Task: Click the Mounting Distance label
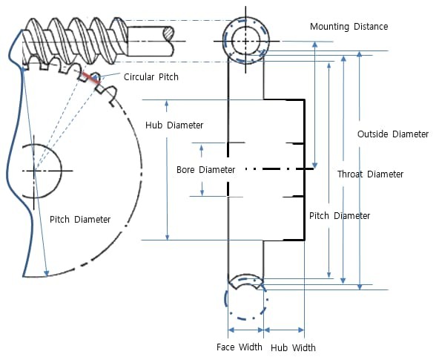coord(349,27)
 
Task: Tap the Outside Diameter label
coord(392,134)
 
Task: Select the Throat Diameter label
coord(370,174)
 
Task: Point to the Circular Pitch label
coord(151,76)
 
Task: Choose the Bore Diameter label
coord(205,170)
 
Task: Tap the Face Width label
coord(239,347)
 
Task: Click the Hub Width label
coord(293,347)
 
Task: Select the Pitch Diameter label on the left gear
coord(80,220)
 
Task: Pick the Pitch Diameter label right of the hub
coord(339,216)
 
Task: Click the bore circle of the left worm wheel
coord(36,170)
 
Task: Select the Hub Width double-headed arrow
coord(284,329)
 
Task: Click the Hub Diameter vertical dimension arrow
coord(168,170)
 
